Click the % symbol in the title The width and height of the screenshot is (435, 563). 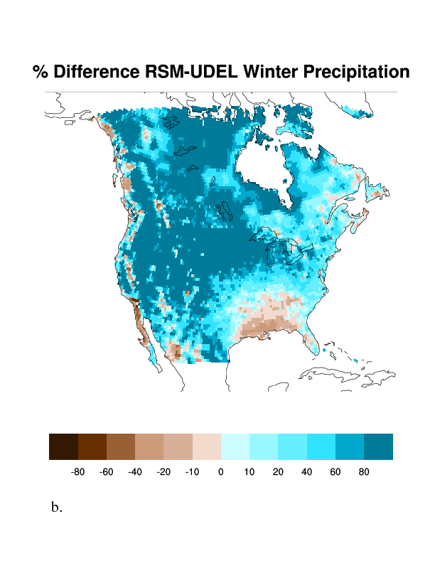tap(41, 72)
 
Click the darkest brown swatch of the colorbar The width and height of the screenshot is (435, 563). tap(63, 446)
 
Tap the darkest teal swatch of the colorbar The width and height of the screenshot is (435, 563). tap(378, 446)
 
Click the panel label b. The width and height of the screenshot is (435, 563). tap(57, 508)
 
